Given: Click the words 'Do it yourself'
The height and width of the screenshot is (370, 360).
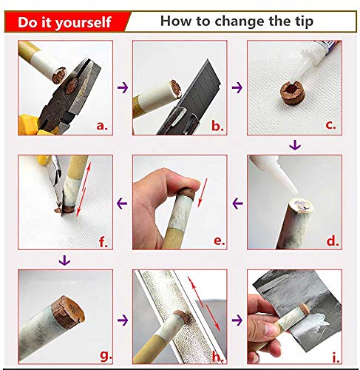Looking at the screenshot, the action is pyautogui.click(x=64, y=22).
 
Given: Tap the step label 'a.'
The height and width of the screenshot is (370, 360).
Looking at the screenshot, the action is pyautogui.click(x=102, y=126).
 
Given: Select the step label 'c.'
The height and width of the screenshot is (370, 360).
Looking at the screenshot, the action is pyautogui.click(x=330, y=125).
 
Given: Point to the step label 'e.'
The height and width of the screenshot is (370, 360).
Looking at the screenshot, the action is pyautogui.click(x=220, y=240).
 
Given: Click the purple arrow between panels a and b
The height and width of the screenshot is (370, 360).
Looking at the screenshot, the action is pyautogui.click(x=123, y=87).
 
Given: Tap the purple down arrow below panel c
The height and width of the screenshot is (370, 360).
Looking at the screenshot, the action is pyautogui.click(x=295, y=145).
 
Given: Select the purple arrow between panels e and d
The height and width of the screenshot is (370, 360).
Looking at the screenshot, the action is pyautogui.click(x=238, y=203).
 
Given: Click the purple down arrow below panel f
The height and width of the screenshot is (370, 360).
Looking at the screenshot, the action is pyautogui.click(x=64, y=260).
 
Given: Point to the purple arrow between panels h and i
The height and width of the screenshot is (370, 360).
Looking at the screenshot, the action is pyautogui.click(x=237, y=320).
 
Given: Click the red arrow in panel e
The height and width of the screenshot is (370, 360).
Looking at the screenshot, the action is pyautogui.click(x=203, y=192).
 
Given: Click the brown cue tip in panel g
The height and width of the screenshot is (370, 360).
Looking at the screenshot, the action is pyautogui.click(x=69, y=312).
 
